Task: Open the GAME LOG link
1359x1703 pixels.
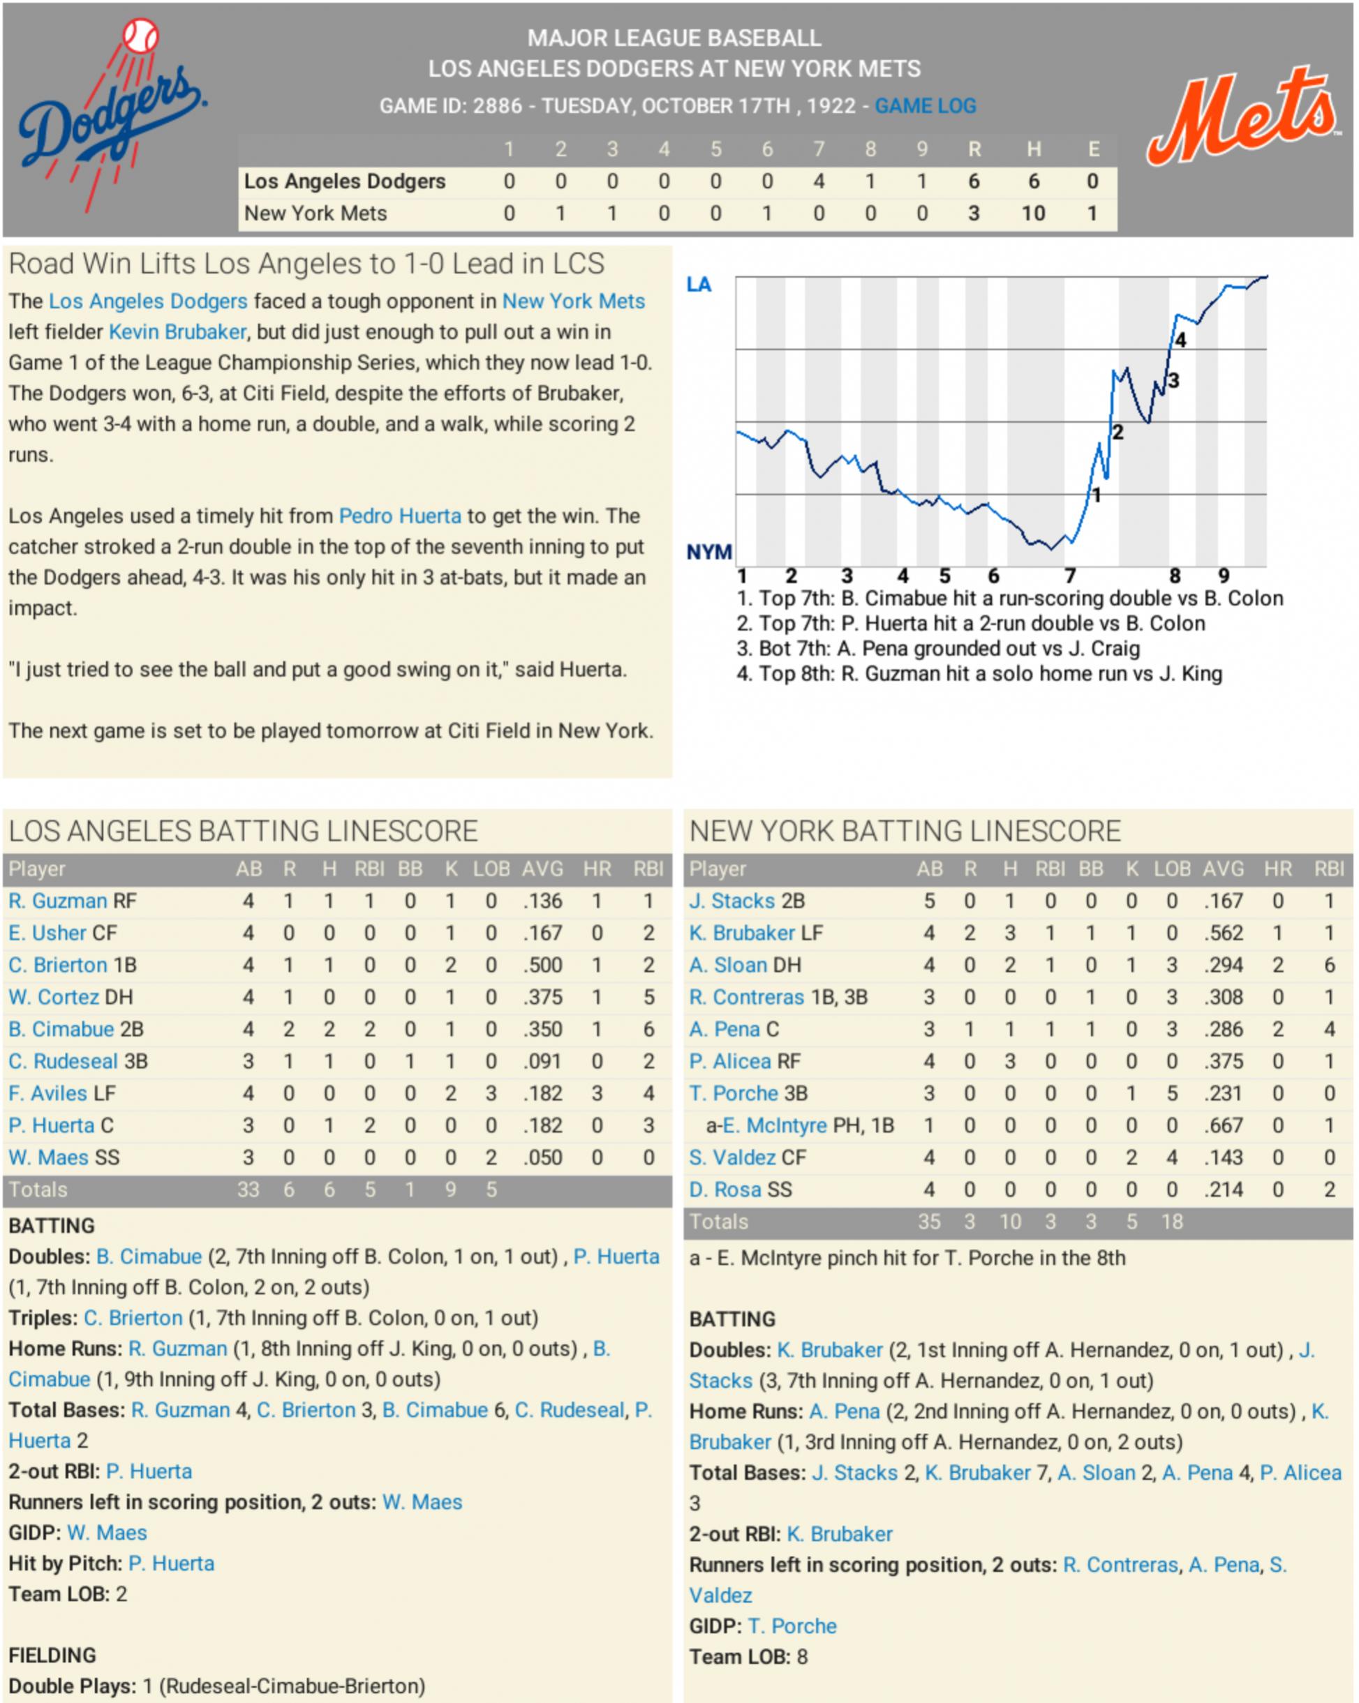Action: point(926,106)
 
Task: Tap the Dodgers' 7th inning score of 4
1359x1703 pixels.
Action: point(819,181)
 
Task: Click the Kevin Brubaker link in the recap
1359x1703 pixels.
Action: point(178,332)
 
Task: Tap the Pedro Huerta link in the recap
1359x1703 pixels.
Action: point(400,516)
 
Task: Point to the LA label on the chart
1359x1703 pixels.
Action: point(699,285)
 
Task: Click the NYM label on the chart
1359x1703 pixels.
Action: point(708,552)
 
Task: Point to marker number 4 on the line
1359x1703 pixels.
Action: point(1180,340)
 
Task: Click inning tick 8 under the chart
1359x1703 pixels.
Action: point(1175,576)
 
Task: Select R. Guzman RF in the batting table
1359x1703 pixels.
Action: point(73,901)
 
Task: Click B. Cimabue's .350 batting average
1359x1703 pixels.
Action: point(543,1029)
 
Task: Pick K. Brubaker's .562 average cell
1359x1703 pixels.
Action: point(1223,933)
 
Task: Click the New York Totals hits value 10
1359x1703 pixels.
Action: point(1010,1222)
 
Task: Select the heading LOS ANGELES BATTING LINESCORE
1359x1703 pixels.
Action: point(244,831)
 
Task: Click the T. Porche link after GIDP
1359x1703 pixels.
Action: point(792,1626)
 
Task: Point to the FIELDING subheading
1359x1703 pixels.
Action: point(52,1655)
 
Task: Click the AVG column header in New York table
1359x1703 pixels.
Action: point(1223,869)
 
